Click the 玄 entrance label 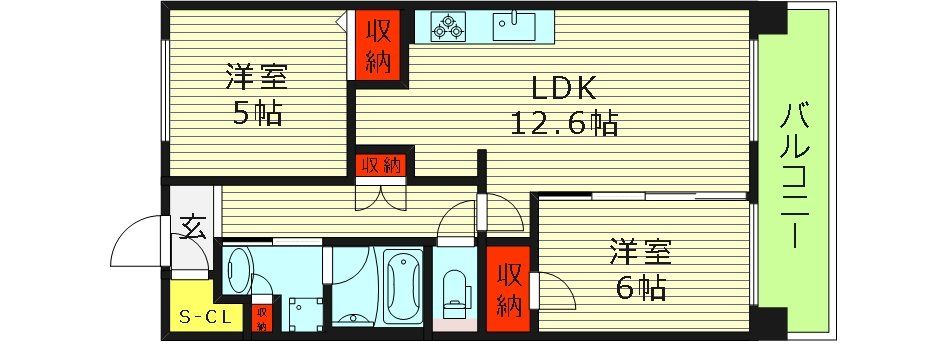(192, 229)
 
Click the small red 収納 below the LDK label (382, 165)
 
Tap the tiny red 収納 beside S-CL (261, 318)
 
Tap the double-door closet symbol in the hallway (382, 196)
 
